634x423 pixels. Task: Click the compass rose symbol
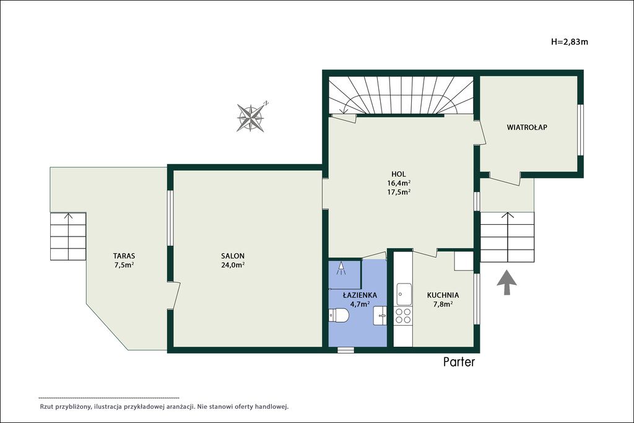pos(251,118)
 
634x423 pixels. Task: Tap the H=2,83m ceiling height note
pos(570,41)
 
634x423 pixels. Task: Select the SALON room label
pos(233,256)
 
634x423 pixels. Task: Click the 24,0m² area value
pos(233,265)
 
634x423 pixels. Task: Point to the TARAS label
pos(124,256)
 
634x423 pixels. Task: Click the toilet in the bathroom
pos(339,315)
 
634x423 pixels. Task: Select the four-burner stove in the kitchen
pos(404,315)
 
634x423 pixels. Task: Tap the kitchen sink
pos(404,294)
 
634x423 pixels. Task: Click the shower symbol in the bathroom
pos(342,269)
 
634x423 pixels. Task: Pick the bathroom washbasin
pos(380,315)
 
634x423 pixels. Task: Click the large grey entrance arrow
pos(506,283)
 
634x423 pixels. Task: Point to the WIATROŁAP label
pos(528,127)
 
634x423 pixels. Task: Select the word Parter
pos(459,362)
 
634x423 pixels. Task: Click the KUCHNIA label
pos(443,295)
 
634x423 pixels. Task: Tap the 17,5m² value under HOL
pos(399,193)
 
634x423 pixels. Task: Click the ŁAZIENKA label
pos(360,295)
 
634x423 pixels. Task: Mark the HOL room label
pos(399,174)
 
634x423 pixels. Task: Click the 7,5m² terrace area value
pos(124,265)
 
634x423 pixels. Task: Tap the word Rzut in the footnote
pos(46,407)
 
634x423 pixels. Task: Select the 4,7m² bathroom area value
pos(360,305)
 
